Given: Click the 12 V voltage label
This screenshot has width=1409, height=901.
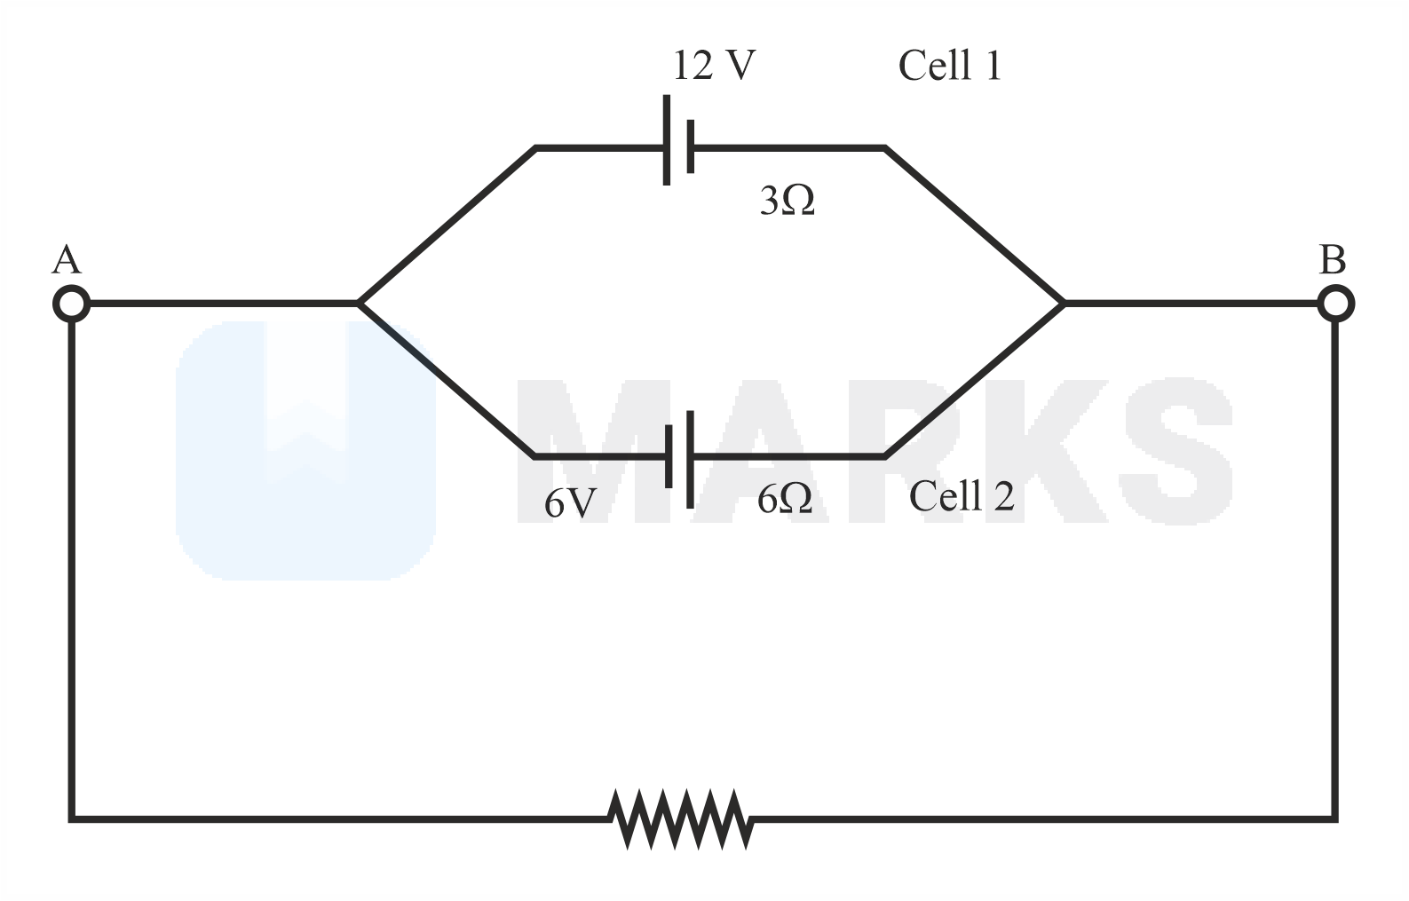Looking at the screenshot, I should (x=714, y=66).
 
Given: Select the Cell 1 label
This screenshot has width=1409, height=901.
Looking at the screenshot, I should (x=949, y=66).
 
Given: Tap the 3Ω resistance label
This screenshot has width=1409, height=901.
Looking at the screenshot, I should (x=787, y=202).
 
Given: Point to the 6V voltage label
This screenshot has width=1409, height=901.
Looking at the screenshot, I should (x=570, y=503).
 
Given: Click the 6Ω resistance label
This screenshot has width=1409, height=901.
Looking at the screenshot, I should (x=785, y=500).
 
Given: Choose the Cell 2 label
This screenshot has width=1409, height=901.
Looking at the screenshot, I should (x=961, y=496).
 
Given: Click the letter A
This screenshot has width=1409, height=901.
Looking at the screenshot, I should (x=67, y=261).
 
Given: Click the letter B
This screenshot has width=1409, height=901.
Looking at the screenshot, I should (x=1332, y=261).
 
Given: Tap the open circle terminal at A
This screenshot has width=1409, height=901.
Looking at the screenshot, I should (x=71, y=304).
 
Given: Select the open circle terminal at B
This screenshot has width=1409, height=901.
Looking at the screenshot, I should (x=1334, y=304).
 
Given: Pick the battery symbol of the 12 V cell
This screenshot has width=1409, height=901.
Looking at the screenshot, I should (x=678, y=141).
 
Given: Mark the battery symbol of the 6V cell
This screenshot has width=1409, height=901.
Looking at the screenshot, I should (x=678, y=457).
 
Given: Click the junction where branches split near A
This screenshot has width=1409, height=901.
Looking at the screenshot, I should (x=359, y=304).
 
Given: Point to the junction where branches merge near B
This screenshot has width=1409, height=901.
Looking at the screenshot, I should (x=1063, y=304).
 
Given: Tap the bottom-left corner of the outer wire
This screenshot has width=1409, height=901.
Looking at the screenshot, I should (x=72, y=818).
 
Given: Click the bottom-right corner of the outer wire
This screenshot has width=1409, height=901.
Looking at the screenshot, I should (x=1334, y=818).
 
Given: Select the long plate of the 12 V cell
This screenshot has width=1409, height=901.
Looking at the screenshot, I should (x=667, y=140).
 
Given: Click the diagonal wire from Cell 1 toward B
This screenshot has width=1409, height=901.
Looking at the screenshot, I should (x=974, y=225).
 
